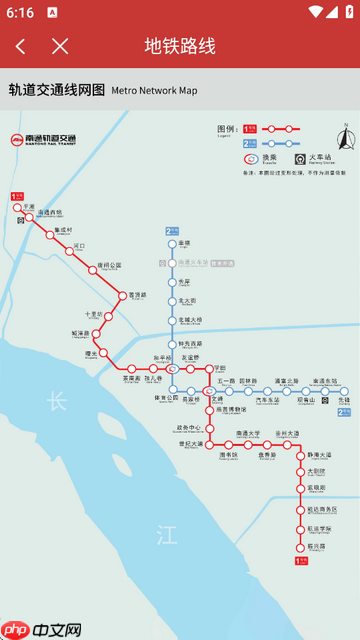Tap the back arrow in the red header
pyautogui.click(x=21, y=46)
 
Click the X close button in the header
pyautogui.click(x=60, y=46)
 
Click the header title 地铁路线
pyautogui.click(x=180, y=46)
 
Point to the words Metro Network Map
pyautogui.click(x=154, y=91)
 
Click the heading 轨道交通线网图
pyautogui.click(x=56, y=90)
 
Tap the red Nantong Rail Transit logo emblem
pyautogui.click(x=17, y=141)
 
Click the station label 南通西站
pyautogui.click(x=49, y=212)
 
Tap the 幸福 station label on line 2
pyautogui.click(x=184, y=242)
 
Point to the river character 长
pyautogui.click(x=56, y=402)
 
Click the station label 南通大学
pyautogui.click(x=247, y=433)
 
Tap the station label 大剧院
pyautogui.click(x=316, y=470)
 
